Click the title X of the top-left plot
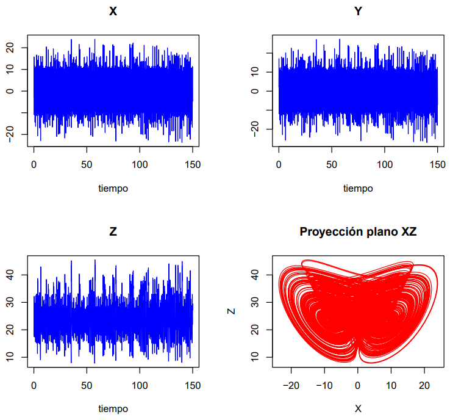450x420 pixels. pyautogui.click(x=113, y=11)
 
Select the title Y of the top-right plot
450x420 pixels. pyautogui.click(x=358, y=11)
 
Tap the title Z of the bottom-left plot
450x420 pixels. pyautogui.click(x=113, y=232)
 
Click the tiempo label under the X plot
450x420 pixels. pyautogui.click(x=113, y=188)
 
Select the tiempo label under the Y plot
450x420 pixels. pyautogui.click(x=358, y=188)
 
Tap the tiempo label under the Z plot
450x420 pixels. pyautogui.click(x=113, y=408)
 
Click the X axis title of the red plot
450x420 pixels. pyautogui.click(x=358, y=408)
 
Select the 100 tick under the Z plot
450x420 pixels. pyautogui.click(x=140, y=386)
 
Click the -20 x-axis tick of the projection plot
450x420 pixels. pyautogui.click(x=291, y=386)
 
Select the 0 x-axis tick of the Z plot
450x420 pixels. pyautogui.click(x=34, y=386)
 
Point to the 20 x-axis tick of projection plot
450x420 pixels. pyautogui.click(x=424, y=386)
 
